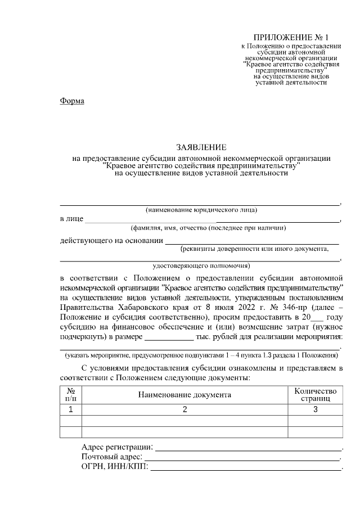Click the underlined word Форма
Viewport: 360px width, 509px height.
[x=72, y=101]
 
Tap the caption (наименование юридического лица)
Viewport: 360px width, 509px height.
[x=201, y=210]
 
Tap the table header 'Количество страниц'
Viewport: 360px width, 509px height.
[x=315, y=394]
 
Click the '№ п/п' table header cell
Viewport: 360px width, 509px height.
[x=71, y=394]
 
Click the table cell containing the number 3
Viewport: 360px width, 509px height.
[x=315, y=409]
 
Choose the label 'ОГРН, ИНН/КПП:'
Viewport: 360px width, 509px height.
[x=114, y=469]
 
